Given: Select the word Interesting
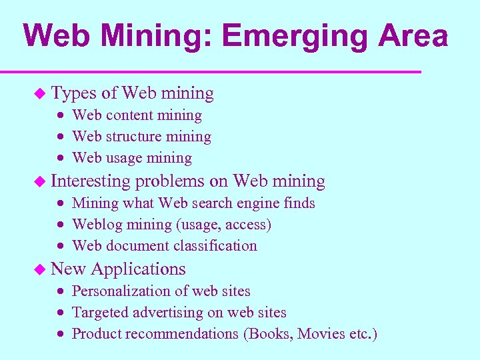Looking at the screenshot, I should [91, 181].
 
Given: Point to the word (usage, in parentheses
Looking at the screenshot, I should [201, 225].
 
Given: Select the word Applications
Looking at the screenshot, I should [138, 269].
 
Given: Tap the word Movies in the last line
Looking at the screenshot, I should [320, 334].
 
